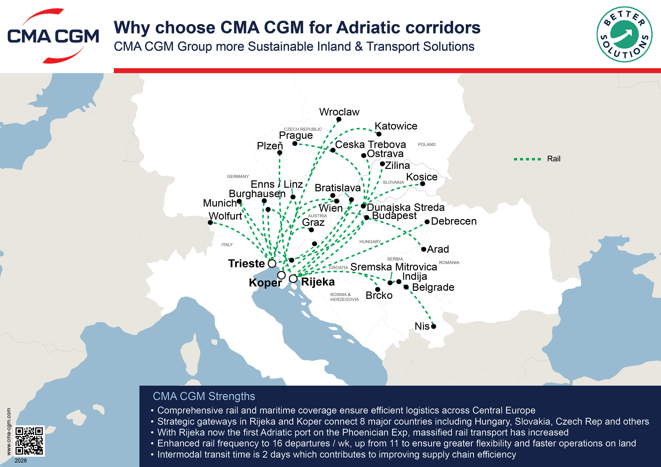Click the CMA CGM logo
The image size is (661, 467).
[53, 36]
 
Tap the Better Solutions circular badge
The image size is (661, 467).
[624, 34]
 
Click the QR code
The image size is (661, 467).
[29, 440]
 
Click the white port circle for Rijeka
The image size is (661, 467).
[293, 279]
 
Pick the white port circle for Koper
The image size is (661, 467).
[281, 275]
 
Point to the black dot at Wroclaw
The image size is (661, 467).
[339, 119]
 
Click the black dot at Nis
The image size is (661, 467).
[434, 326]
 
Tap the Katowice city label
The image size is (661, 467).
[396, 126]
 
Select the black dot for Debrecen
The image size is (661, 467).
[427, 222]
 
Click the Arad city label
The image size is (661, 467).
[438, 249]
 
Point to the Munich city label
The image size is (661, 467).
[220, 203]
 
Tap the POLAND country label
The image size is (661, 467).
[427, 144]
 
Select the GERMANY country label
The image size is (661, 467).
[238, 176]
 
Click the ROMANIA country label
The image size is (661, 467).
[449, 262]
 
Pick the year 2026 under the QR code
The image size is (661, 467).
[21, 461]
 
